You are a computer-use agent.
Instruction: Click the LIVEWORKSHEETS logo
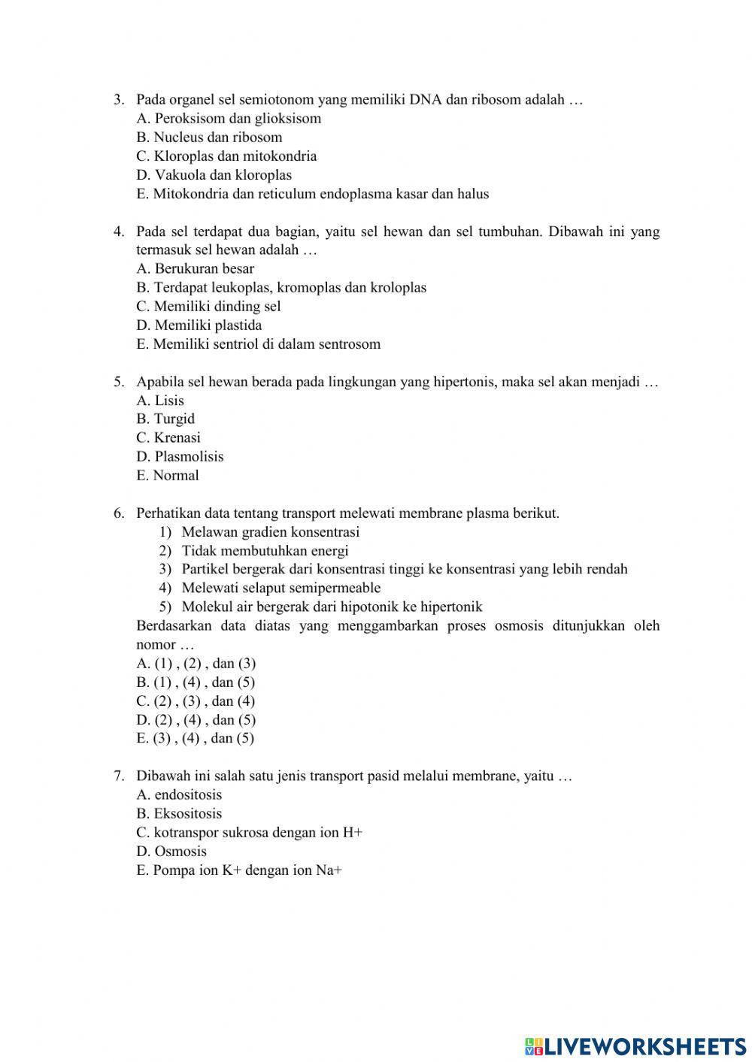(x=635, y=1045)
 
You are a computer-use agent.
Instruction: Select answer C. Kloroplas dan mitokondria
(x=226, y=156)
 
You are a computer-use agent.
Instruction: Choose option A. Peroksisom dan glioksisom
(x=229, y=119)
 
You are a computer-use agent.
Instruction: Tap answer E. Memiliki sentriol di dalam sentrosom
(x=259, y=344)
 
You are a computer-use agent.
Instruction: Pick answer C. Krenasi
(x=168, y=437)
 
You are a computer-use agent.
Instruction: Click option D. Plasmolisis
(x=180, y=456)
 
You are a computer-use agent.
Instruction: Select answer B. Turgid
(x=165, y=419)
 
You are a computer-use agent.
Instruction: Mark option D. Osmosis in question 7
(x=171, y=851)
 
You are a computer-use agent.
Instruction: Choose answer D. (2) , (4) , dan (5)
(x=196, y=719)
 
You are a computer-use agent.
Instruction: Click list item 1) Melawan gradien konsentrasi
(x=259, y=532)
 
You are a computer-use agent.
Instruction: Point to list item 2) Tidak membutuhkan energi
(x=254, y=551)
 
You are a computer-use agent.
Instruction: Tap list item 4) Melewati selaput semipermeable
(x=270, y=588)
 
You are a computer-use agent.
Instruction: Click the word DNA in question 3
(x=426, y=99)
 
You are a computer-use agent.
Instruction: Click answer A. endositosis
(x=179, y=794)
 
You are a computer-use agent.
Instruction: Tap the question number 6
(x=119, y=513)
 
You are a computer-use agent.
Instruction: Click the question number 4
(x=119, y=231)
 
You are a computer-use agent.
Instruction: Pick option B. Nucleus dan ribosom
(x=209, y=138)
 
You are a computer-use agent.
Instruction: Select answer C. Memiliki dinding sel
(x=208, y=307)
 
